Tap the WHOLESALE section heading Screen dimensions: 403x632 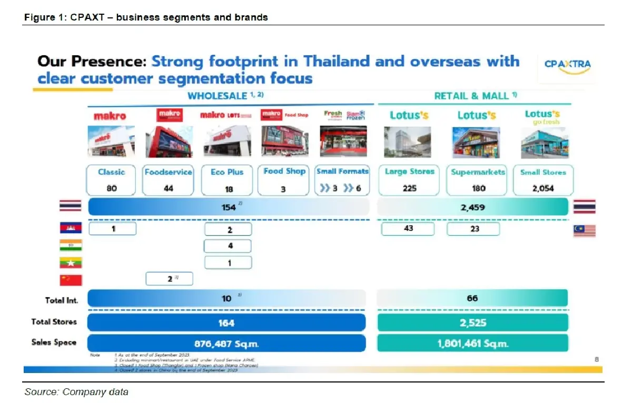click(x=225, y=96)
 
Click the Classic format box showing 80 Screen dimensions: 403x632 click(x=112, y=180)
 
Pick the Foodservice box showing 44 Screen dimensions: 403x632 click(x=169, y=180)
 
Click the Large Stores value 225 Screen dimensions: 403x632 click(x=409, y=188)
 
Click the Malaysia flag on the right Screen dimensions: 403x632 click(x=584, y=230)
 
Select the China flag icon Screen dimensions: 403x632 click(x=70, y=280)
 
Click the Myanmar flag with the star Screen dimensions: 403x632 click(x=70, y=263)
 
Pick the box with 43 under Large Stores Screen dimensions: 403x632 click(x=408, y=228)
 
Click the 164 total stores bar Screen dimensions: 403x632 click(x=226, y=323)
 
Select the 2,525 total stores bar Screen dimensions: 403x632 click(x=472, y=323)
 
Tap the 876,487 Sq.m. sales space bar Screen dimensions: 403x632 click(x=226, y=343)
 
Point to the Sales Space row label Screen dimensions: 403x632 click(x=54, y=342)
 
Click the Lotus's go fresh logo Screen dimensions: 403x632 click(x=542, y=117)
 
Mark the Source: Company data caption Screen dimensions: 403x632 click(x=76, y=391)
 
